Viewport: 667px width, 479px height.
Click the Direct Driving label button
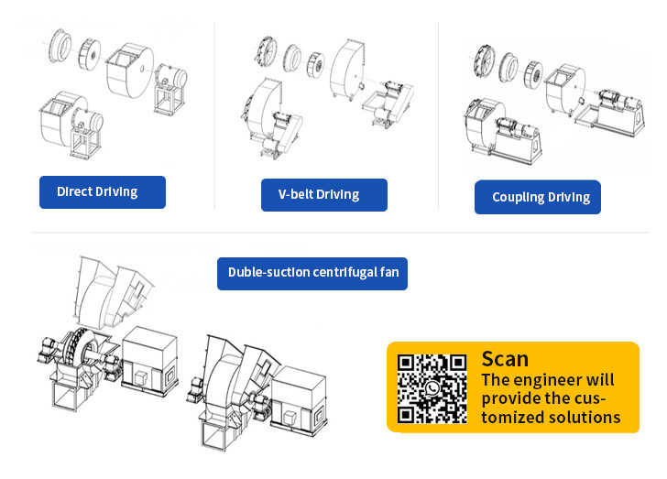[x=103, y=192]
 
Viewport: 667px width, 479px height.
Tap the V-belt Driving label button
[x=324, y=195]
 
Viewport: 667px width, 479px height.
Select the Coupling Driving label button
[x=538, y=197]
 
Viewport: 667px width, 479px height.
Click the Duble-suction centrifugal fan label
[x=312, y=274]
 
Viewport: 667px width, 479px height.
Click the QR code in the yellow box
[x=432, y=389]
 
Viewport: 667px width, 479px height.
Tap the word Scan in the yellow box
[x=505, y=359]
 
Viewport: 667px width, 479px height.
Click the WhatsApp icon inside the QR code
[x=432, y=388]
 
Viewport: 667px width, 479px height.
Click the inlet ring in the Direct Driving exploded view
[x=60, y=46]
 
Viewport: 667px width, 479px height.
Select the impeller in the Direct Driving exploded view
[x=90, y=53]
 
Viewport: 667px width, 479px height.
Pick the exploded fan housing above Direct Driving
[x=130, y=70]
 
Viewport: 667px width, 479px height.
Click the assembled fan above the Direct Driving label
[x=71, y=124]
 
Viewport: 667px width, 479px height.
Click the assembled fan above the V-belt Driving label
[x=271, y=118]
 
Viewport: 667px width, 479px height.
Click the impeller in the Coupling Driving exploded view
[x=533, y=75]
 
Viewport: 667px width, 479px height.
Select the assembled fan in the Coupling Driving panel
[x=503, y=130]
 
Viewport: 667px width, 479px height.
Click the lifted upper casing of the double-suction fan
[x=114, y=292]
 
